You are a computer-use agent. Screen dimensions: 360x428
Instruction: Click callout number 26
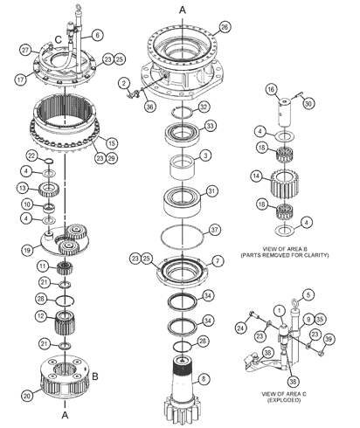pyautogui.click(x=225, y=27)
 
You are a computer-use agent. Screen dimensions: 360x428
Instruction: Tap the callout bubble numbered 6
pyautogui.click(x=97, y=35)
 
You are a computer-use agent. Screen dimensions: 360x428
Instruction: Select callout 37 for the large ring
pyautogui.click(x=215, y=230)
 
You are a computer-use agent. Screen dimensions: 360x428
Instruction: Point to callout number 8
pyautogui.click(x=204, y=379)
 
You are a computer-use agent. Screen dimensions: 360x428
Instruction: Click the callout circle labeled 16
pyautogui.click(x=271, y=90)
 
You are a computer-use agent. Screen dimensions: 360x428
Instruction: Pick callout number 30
pyautogui.click(x=308, y=104)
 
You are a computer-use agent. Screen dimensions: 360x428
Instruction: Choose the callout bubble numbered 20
pyautogui.click(x=27, y=396)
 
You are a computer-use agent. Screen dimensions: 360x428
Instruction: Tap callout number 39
pyautogui.click(x=329, y=339)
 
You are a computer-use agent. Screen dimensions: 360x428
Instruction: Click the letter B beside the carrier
pyautogui.click(x=95, y=376)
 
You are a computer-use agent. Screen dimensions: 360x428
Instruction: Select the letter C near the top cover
pyautogui.click(x=59, y=39)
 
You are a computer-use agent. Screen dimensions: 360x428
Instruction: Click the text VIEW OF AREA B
pyautogui.click(x=285, y=249)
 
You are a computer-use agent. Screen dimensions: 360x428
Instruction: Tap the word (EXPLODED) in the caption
pyautogui.click(x=284, y=400)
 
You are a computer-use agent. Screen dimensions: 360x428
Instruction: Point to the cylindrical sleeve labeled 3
pyautogui.click(x=183, y=168)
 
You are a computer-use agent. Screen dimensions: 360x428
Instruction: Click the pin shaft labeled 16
pyautogui.click(x=285, y=112)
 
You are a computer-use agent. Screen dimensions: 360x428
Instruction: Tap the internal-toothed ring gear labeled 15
pyautogui.click(x=64, y=125)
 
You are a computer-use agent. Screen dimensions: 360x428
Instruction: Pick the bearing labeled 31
pyautogui.click(x=182, y=203)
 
